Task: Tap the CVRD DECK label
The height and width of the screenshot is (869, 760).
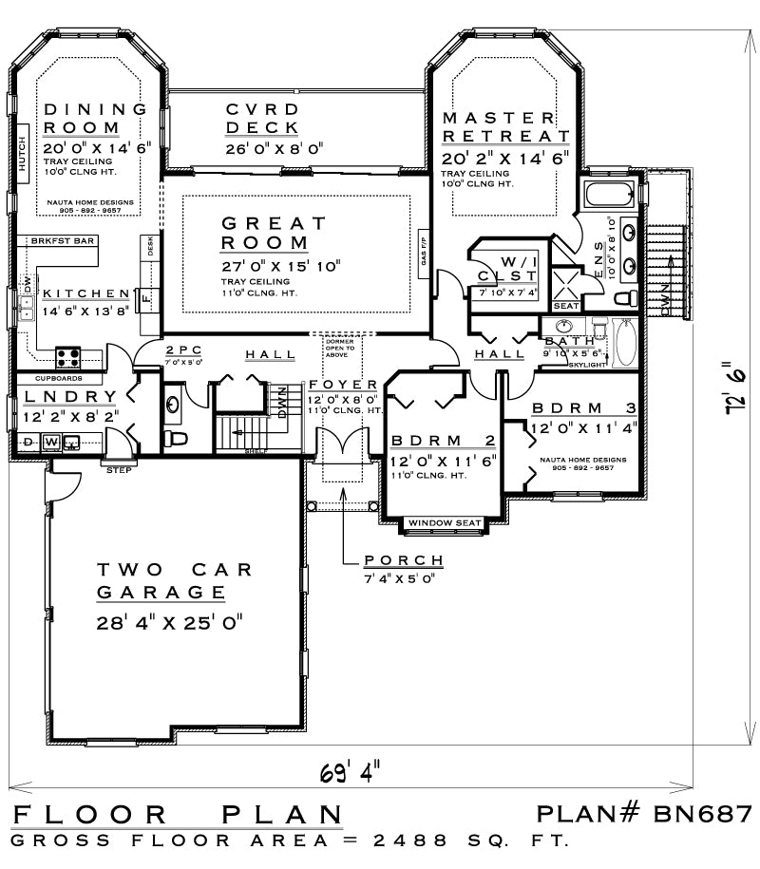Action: pos(262,119)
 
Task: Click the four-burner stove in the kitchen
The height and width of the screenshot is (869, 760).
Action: pos(68,357)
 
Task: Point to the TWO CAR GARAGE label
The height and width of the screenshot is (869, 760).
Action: pos(175,580)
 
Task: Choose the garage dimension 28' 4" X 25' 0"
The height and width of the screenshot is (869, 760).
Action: pos(170,623)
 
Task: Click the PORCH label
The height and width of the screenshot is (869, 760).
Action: pos(403,560)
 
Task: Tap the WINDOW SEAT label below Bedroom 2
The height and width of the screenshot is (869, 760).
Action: pos(445,523)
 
